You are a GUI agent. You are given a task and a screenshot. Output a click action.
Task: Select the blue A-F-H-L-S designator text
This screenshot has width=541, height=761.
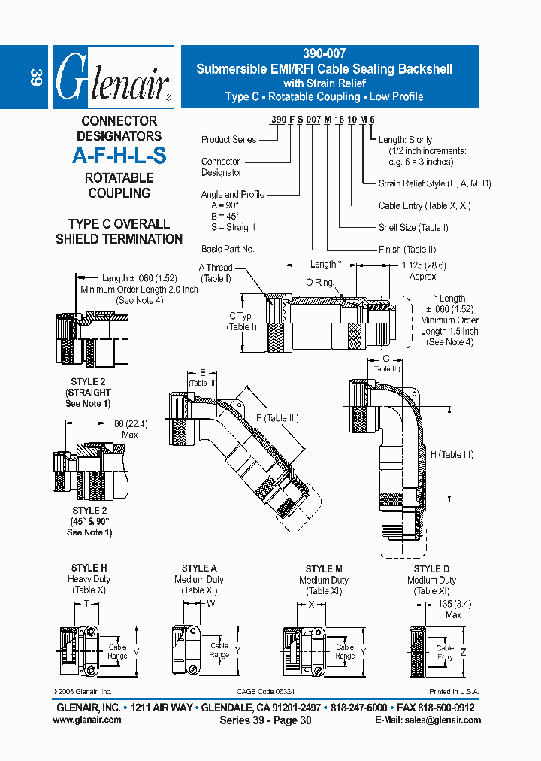119,156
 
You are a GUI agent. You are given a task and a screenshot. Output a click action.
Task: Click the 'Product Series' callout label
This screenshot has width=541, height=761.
228,140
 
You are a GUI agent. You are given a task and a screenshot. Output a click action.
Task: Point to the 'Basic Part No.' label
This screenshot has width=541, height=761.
228,249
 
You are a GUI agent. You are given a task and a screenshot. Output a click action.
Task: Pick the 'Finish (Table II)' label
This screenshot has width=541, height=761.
407,250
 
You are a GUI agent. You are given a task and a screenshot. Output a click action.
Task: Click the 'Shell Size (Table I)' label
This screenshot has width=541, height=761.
413,228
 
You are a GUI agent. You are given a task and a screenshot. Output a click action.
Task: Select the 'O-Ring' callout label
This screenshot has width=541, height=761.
319,283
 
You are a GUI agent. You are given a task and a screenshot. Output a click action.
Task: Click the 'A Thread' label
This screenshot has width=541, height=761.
216,268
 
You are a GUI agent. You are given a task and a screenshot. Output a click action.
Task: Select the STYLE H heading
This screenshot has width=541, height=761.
89,568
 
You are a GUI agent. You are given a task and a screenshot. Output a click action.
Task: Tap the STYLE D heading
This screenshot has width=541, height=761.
431,569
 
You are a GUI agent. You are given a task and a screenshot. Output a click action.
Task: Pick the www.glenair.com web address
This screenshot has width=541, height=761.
87,720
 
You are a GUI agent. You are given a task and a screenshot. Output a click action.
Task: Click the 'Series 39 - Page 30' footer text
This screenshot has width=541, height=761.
265,720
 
